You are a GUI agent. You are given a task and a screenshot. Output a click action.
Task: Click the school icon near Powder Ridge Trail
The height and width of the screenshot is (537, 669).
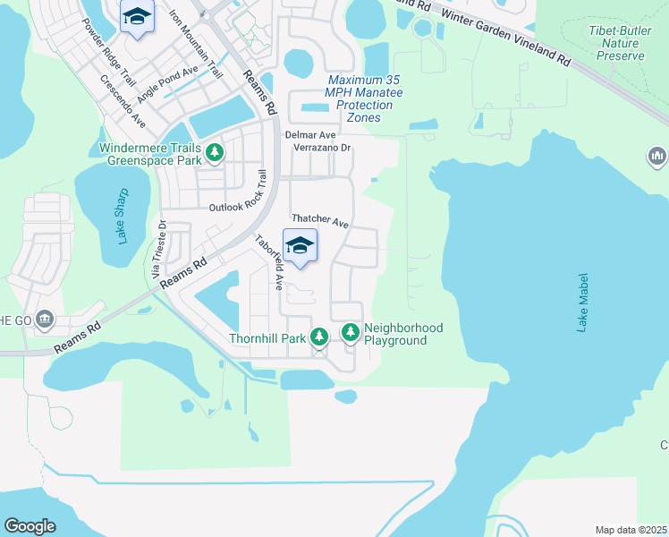(x=137, y=17)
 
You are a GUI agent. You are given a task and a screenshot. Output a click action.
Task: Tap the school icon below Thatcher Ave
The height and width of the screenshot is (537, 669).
(x=301, y=244)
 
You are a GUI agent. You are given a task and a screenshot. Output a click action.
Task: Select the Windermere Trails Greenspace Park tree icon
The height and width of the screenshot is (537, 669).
(x=215, y=153)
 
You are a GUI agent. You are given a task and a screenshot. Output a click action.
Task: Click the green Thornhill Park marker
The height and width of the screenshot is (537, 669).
(x=319, y=337)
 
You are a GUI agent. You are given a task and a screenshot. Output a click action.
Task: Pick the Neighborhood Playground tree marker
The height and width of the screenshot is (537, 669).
(x=351, y=333)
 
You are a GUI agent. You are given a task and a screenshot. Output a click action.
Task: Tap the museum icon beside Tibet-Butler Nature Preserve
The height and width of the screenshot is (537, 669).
(x=657, y=158)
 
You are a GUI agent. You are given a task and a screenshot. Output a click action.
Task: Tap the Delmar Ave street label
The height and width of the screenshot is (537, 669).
(x=309, y=134)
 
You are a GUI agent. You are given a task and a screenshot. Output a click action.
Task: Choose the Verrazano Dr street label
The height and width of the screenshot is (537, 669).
(x=323, y=148)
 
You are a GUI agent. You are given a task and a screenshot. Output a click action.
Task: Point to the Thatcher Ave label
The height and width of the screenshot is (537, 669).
(x=319, y=220)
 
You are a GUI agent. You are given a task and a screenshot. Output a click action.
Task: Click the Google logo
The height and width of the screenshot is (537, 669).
(x=30, y=526)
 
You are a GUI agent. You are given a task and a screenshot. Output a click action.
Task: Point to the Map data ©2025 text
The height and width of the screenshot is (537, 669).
(x=630, y=530)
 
